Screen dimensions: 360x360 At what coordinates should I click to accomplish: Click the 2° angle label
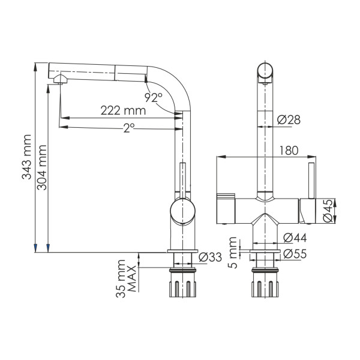[x=128, y=127]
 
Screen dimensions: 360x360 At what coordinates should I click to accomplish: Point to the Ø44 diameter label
[x=292, y=238]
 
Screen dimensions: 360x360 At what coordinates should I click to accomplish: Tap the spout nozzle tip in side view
[x=60, y=80]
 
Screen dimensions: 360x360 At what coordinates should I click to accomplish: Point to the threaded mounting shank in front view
[x=265, y=284]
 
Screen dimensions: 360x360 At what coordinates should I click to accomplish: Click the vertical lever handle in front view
[x=311, y=180]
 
